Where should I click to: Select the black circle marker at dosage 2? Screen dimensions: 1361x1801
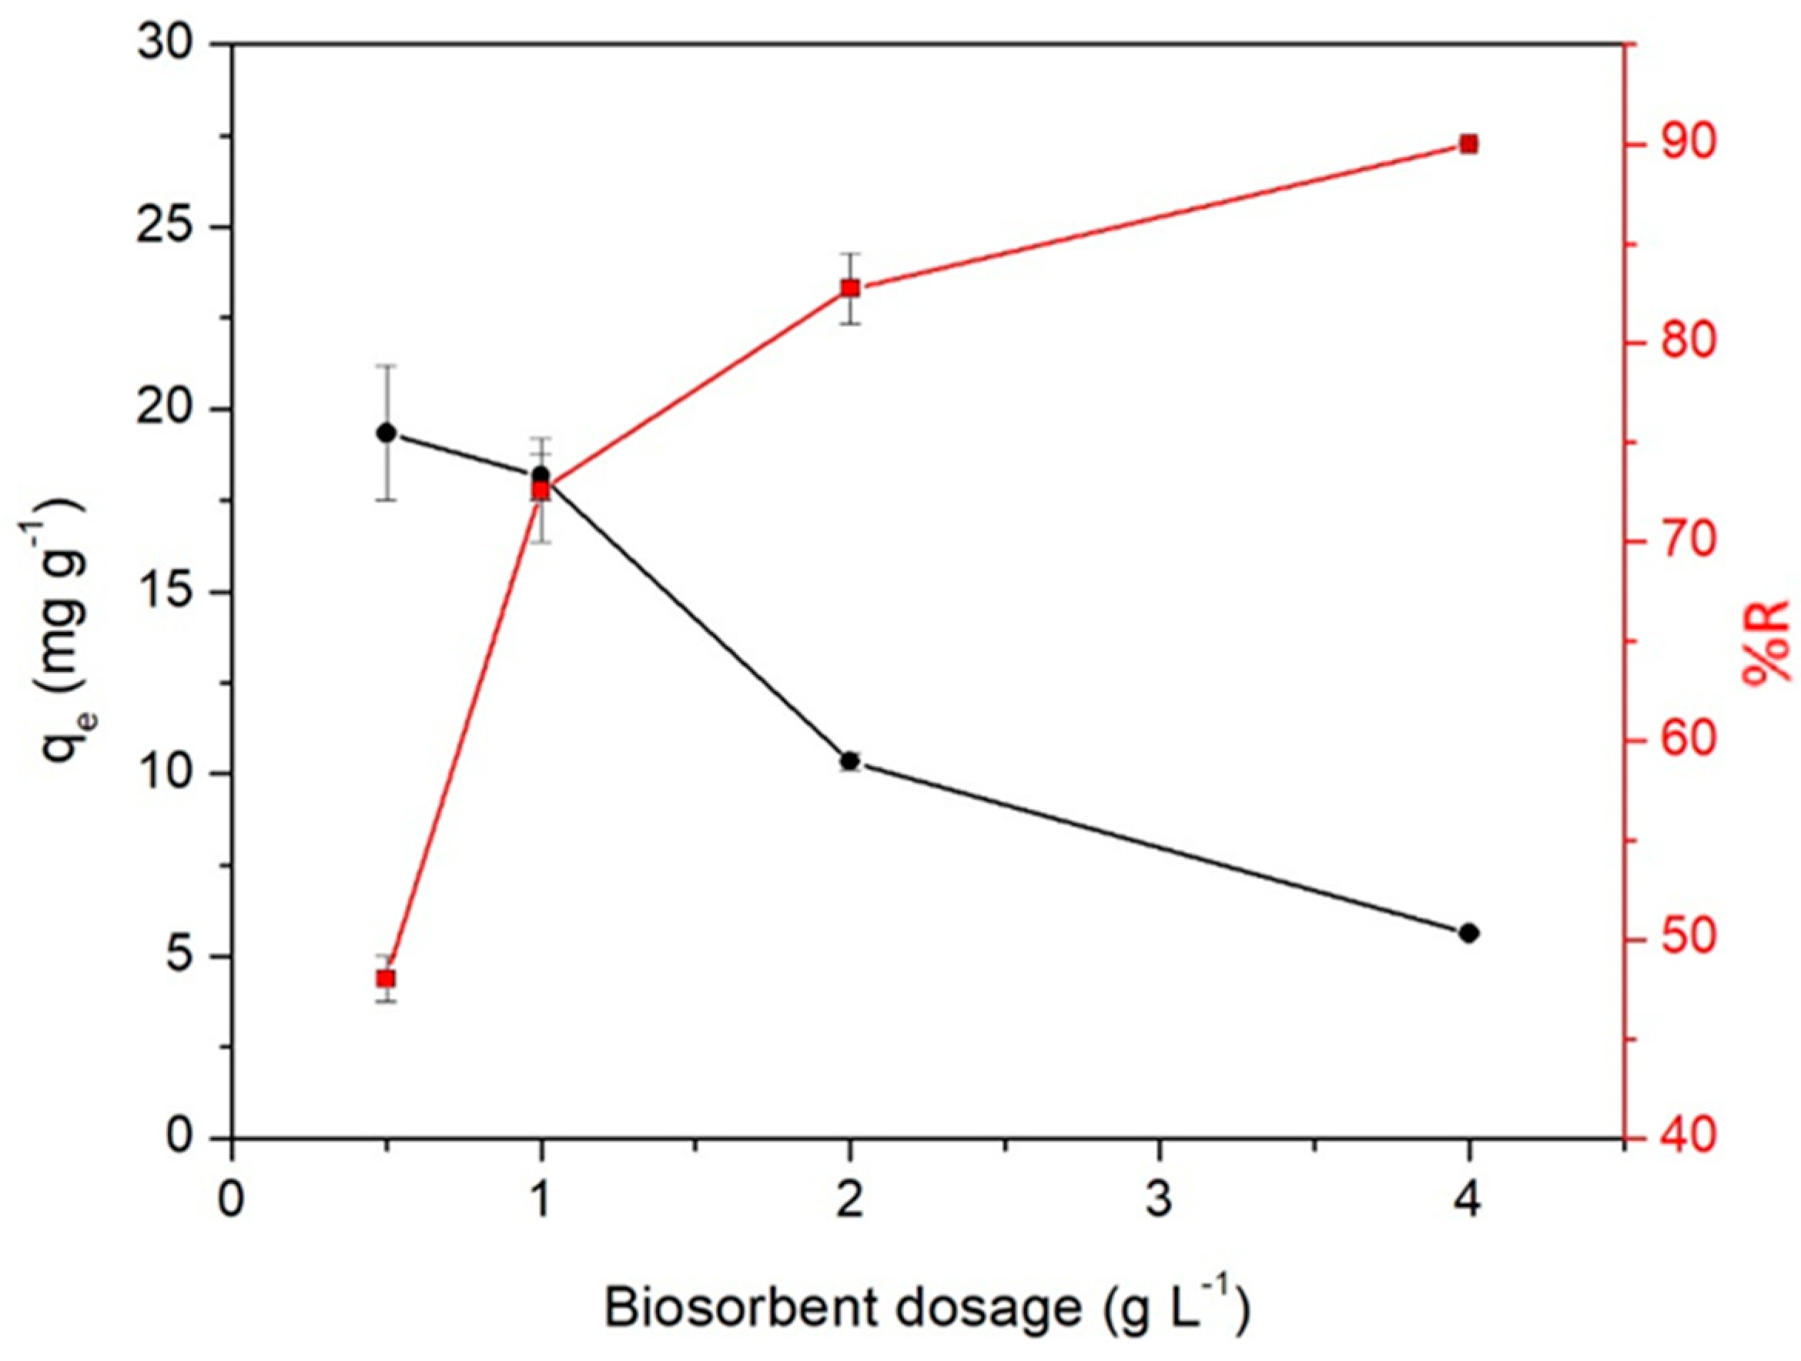[x=850, y=761]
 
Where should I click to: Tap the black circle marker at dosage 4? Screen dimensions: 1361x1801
[x=1469, y=933]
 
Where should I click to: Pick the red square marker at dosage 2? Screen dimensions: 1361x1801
[x=850, y=288]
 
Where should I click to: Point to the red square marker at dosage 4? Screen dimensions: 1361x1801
[x=1469, y=144]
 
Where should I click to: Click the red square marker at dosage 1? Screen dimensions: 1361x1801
[x=541, y=490]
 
